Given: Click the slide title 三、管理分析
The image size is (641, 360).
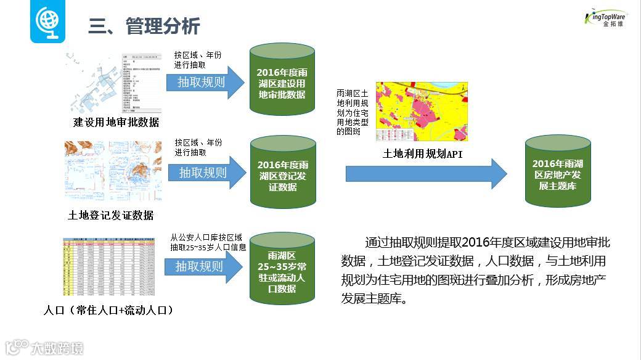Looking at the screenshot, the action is [x=144, y=27].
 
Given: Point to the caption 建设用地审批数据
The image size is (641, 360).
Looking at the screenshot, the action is [x=116, y=122].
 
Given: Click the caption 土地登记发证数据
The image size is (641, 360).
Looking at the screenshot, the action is [x=110, y=215].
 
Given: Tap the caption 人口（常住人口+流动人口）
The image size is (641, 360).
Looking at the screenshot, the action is [x=108, y=310].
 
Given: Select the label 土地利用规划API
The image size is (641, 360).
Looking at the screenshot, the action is [x=422, y=154].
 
